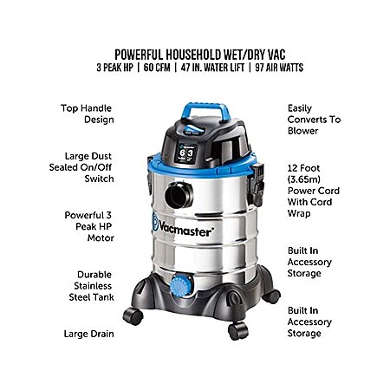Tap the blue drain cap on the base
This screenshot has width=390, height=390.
click(181, 285)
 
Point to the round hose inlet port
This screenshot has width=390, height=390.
click(179, 195)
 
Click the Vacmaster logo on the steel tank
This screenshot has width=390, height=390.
click(183, 227)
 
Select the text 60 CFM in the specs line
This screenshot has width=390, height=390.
click(157, 68)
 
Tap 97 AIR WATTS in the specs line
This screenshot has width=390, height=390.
click(279, 68)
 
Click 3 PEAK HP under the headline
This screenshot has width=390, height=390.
click(115, 68)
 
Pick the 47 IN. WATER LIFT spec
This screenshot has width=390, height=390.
click(212, 68)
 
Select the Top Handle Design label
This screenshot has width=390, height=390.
click(87, 114)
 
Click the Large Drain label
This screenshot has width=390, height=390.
click(89, 334)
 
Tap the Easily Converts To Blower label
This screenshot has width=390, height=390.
click(314, 120)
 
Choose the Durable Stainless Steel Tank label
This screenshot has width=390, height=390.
click(92, 286)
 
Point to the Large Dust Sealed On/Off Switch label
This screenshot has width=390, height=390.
click(81, 167)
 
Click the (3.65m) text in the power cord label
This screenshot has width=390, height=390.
click(304, 179)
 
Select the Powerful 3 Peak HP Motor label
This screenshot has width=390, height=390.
click(89, 226)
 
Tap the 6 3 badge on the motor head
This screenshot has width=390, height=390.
click(186, 153)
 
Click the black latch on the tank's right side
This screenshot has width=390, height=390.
click(256, 185)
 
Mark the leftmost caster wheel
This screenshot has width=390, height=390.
click(133, 316)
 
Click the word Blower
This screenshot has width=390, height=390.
click(302, 131)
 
